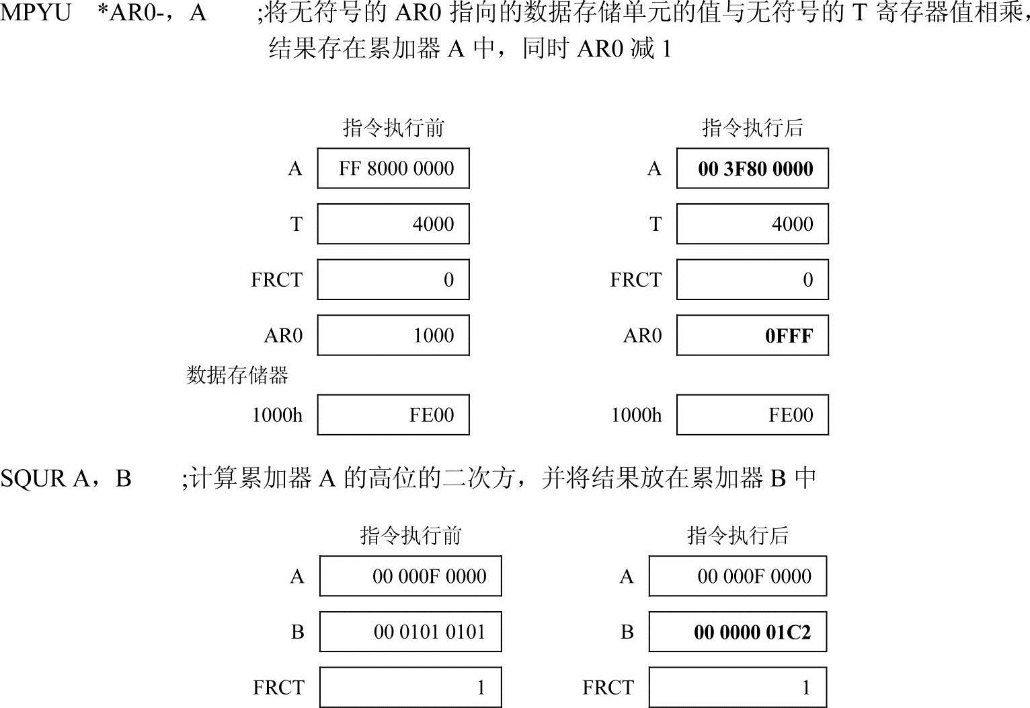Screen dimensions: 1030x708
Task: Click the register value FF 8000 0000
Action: pos(396,168)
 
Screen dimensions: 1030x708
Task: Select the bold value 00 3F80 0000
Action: pos(755,168)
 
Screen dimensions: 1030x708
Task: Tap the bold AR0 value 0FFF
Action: pos(789,335)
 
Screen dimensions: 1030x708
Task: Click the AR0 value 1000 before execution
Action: pos(433,335)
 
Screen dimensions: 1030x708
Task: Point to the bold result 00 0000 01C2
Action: pos(752,633)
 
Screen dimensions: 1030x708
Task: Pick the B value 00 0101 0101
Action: pos(429,632)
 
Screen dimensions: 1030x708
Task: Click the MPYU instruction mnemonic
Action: pos(35,13)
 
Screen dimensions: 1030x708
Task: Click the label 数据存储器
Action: pos(237,375)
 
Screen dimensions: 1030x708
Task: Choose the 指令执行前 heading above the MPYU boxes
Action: pos(393,128)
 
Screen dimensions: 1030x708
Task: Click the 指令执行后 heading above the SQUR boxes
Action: pos(738,536)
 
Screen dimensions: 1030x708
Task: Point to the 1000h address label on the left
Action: pos(277,415)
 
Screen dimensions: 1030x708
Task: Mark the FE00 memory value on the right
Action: pos(791,415)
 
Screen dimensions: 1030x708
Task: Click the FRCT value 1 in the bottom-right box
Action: pos(805,688)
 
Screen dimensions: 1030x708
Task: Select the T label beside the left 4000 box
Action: pos(296,224)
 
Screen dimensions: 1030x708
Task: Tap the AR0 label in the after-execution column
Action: pos(642,335)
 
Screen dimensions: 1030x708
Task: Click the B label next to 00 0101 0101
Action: pos(297,632)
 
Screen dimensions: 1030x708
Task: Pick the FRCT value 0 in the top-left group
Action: pos(448,280)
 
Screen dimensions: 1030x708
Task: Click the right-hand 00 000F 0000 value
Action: pos(754,576)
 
